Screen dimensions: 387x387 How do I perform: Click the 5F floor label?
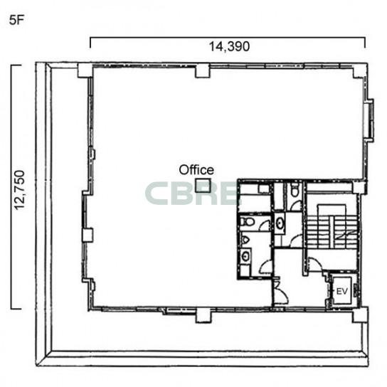tap(16, 20)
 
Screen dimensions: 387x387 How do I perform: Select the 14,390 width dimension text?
tap(229, 47)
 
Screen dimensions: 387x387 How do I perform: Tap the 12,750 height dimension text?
tap(19, 190)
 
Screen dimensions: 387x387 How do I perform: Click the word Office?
tap(196, 170)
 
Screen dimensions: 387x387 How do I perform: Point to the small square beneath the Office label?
tap(203, 186)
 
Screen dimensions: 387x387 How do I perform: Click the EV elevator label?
tap(342, 292)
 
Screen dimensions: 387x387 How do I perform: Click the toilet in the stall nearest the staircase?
tap(295, 191)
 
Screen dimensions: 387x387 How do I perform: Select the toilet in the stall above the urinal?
tap(248, 221)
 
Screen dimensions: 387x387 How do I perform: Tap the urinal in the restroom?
tap(245, 240)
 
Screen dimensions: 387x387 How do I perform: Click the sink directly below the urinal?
tap(245, 255)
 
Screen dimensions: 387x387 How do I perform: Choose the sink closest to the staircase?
tap(280, 223)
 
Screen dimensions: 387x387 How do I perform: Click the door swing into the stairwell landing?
tap(314, 264)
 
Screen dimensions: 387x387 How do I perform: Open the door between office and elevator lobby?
tap(280, 292)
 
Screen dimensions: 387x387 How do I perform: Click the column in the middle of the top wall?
tap(203, 71)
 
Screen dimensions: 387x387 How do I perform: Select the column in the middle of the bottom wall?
tap(204, 315)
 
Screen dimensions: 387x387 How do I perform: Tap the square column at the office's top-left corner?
tap(85, 70)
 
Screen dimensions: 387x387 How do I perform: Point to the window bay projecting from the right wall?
tap(369, 120)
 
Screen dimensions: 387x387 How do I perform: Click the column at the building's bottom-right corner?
tap(360, 314)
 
